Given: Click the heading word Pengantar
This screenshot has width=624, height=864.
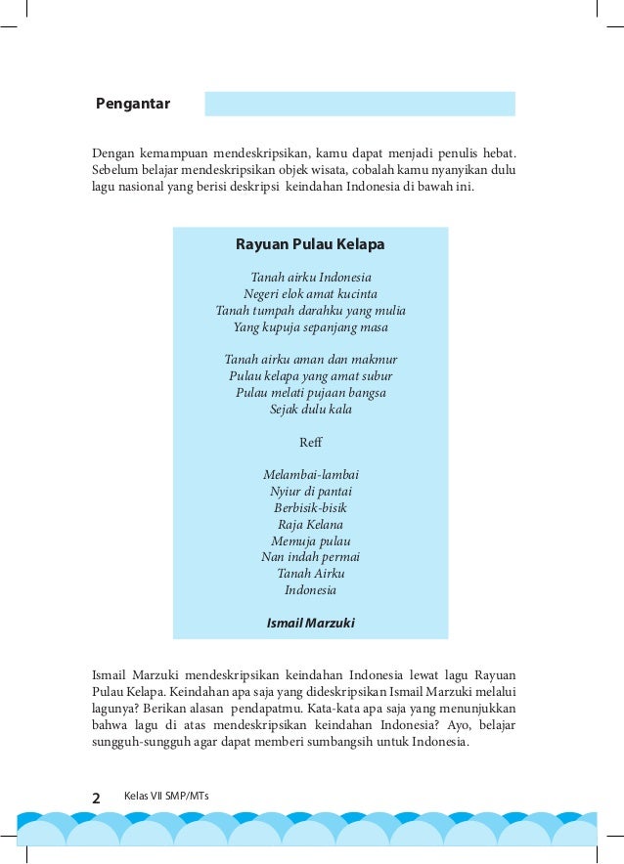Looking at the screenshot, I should click(x=133, y=104).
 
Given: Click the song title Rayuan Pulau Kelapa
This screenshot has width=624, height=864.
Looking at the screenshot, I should click(x=310, y=243).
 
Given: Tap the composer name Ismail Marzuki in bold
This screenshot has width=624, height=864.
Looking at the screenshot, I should click(x=310, y=623).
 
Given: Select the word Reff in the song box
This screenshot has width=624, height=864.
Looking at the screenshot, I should click(x=310, y=443).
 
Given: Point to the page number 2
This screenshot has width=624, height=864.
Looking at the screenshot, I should click(x=96, y=798).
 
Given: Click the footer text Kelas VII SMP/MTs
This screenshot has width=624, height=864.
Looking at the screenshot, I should click(x=166, y=797).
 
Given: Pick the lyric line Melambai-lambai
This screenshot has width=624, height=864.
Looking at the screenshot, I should click(x=310, y=475).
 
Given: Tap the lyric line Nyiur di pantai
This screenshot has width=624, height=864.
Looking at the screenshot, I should click(x=310, y=492).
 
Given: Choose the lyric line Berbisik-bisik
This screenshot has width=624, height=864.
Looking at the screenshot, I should click(x=310, y=508).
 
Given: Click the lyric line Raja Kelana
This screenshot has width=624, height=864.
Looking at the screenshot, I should click(x=310, y=525).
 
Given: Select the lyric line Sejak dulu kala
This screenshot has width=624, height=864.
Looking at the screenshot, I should click(x=310, y=410).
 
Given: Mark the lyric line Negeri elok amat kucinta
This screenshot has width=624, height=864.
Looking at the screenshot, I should click(x=310, y=294).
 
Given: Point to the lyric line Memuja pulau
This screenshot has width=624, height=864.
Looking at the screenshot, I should click(x=310, y=541).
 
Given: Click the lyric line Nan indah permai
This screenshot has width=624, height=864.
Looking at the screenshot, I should click(x=310, y=557).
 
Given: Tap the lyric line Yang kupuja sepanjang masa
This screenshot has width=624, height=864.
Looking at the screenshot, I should click(x=310, y=327).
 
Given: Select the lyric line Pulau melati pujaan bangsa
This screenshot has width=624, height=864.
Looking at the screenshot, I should click(x=310, y=393).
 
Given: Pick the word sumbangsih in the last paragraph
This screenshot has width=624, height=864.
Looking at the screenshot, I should click(x=326, y=742).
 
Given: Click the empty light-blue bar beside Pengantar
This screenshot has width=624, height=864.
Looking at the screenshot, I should click(x=359, y=104).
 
